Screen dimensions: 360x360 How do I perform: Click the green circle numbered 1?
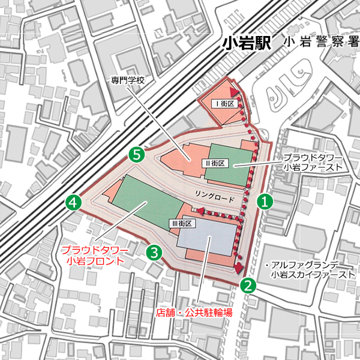pyautogui.click(x=265, y=202)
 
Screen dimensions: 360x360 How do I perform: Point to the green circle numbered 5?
pyautogui.click(x=137, y=155)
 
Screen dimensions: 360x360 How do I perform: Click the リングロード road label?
pyautogui.click(x=213, y=196)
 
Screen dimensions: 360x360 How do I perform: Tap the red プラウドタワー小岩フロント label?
pyautogui.click(x=95, y=255)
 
